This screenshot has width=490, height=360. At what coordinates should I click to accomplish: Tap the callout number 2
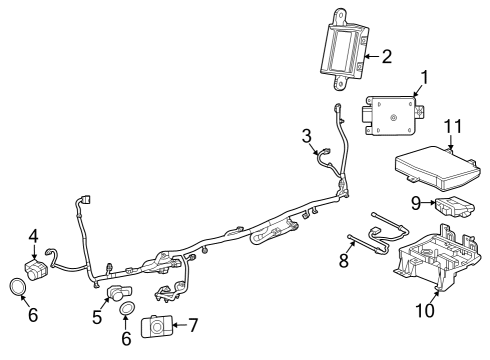coord(385,56)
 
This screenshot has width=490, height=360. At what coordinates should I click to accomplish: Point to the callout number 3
coord(308,135)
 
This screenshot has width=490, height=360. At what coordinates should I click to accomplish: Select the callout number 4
coord(33,237)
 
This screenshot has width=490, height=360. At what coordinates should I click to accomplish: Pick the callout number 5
coord(96,318)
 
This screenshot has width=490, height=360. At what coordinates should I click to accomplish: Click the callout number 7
coord(193,324)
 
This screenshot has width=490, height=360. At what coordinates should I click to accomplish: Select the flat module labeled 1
coord(395,114)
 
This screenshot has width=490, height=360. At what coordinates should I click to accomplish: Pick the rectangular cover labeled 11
coord(437,166)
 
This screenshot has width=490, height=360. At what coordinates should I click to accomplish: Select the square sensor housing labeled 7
coord(158,326)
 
